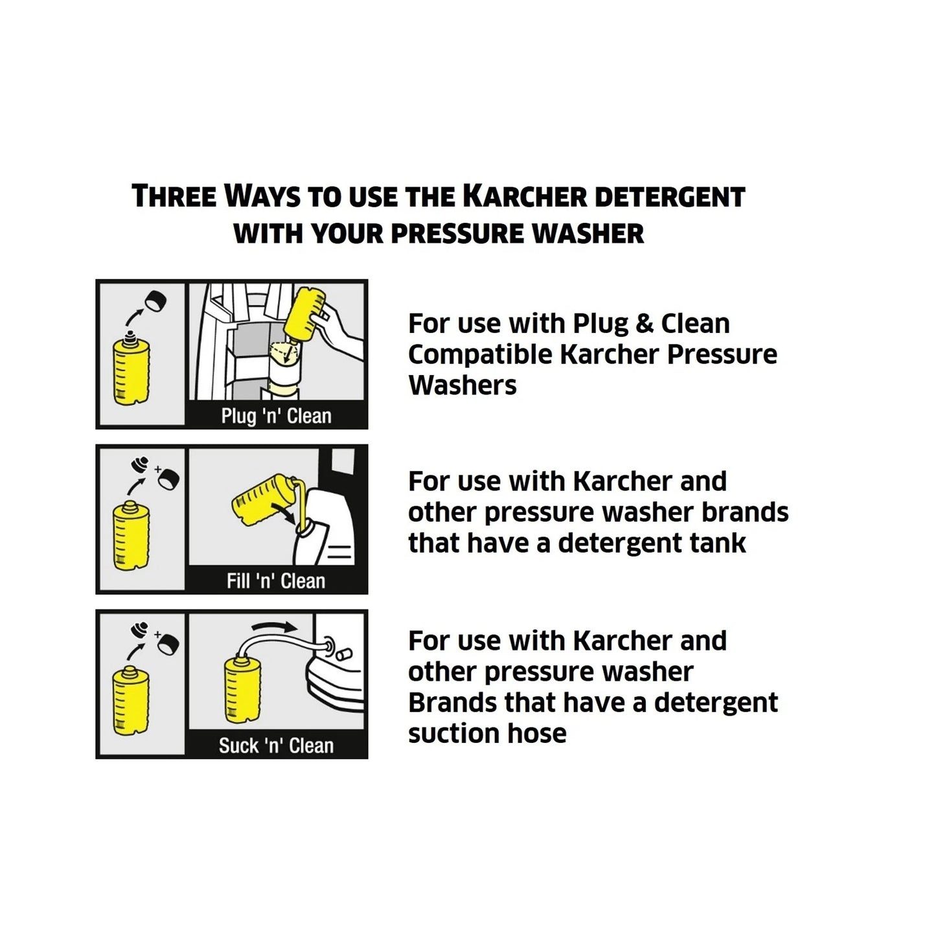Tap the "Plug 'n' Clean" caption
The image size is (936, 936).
276,416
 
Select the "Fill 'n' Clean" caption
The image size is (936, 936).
276,581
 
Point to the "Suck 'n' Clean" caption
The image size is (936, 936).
276,746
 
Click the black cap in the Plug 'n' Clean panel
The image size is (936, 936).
155,302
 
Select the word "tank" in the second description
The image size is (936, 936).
718,543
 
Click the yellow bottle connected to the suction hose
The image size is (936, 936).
242,689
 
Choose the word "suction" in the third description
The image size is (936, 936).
453,733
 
